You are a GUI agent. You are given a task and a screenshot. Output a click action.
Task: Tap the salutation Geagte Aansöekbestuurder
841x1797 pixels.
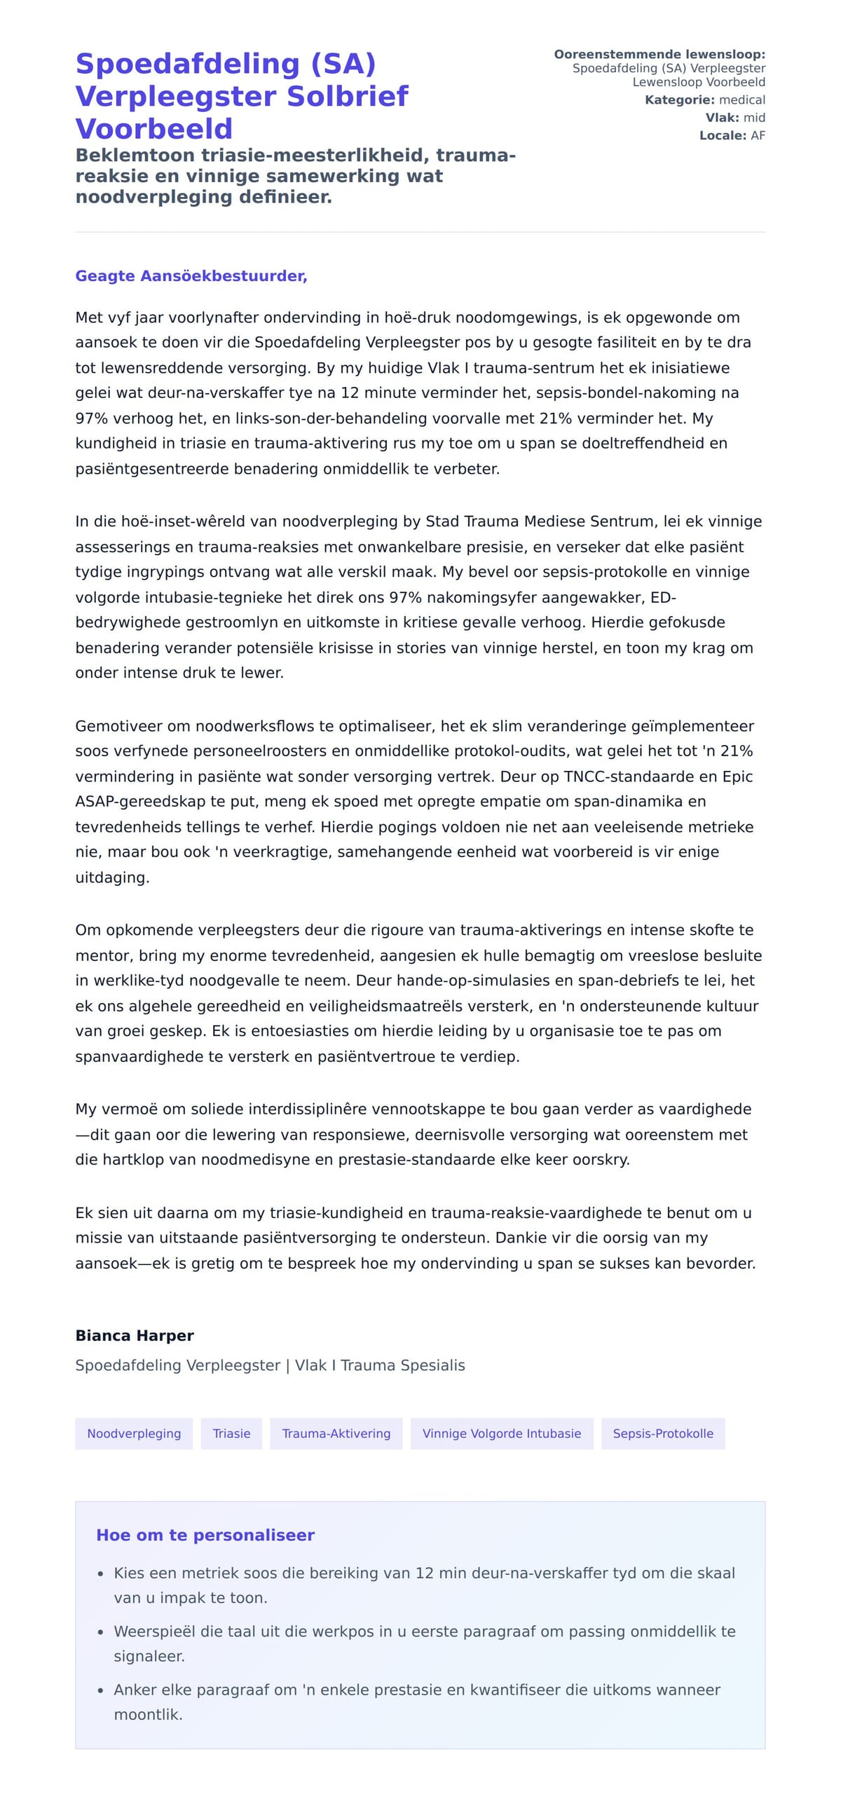pos(191,276)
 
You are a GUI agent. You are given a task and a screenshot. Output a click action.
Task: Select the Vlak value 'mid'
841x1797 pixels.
pos(754,118)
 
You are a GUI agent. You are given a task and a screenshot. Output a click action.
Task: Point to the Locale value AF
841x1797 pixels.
pos(758,135)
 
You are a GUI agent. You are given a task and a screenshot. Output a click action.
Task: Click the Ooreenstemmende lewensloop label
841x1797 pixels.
pos(659,55)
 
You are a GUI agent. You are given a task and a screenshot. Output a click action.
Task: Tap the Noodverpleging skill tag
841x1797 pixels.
pos(134,1433)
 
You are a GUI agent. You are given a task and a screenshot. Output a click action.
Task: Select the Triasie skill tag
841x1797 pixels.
pos(231,1433)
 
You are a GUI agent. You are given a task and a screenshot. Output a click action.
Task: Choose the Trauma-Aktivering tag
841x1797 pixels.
pos(336,1433)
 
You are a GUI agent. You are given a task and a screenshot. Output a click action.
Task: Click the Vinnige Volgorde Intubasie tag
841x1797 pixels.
pos(501,1433)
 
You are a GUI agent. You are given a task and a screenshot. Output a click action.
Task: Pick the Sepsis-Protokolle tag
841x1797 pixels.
pos(662,1433)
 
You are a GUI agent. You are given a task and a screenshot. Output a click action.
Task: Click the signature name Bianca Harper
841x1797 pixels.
pos(135,1336)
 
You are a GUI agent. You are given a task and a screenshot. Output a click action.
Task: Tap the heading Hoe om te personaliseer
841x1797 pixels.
pos(205,1535)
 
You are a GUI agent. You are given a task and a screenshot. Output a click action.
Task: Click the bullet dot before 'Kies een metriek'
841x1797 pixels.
pos(101,1574)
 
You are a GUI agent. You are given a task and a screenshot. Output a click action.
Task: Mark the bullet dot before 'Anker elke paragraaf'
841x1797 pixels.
pos(101,1690)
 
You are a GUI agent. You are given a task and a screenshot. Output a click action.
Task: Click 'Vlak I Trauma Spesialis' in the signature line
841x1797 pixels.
pos(380,1365)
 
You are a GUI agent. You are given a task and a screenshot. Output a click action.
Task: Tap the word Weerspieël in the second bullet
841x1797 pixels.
pos(155,1631)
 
